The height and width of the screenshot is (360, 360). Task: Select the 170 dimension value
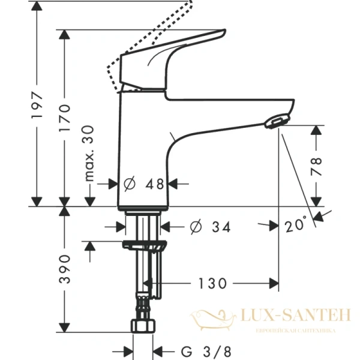click(x=65, y=118)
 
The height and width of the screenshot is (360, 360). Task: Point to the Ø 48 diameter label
click(x=144, y=184)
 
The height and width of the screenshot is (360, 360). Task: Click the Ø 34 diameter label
click(x=201, y=227)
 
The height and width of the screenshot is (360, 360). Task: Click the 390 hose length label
click(x=65, y=269)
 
